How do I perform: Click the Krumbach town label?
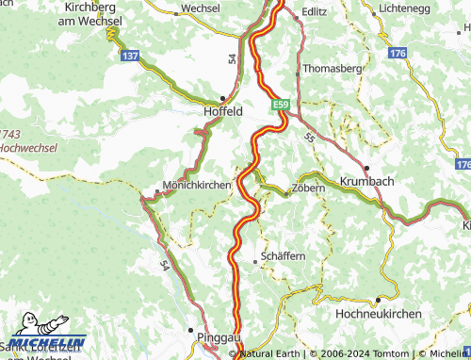366,181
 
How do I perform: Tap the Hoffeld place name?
224,110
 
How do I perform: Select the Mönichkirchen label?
196,185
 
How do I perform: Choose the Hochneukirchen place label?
376,312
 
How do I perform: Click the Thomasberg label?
334,70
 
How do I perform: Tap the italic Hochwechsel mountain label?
28,148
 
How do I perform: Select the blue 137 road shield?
131,57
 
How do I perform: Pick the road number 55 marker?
309,137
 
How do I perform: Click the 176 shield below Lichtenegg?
398,54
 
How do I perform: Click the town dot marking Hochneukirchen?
377,300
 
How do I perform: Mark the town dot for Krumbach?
366,168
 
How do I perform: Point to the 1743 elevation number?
9,135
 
